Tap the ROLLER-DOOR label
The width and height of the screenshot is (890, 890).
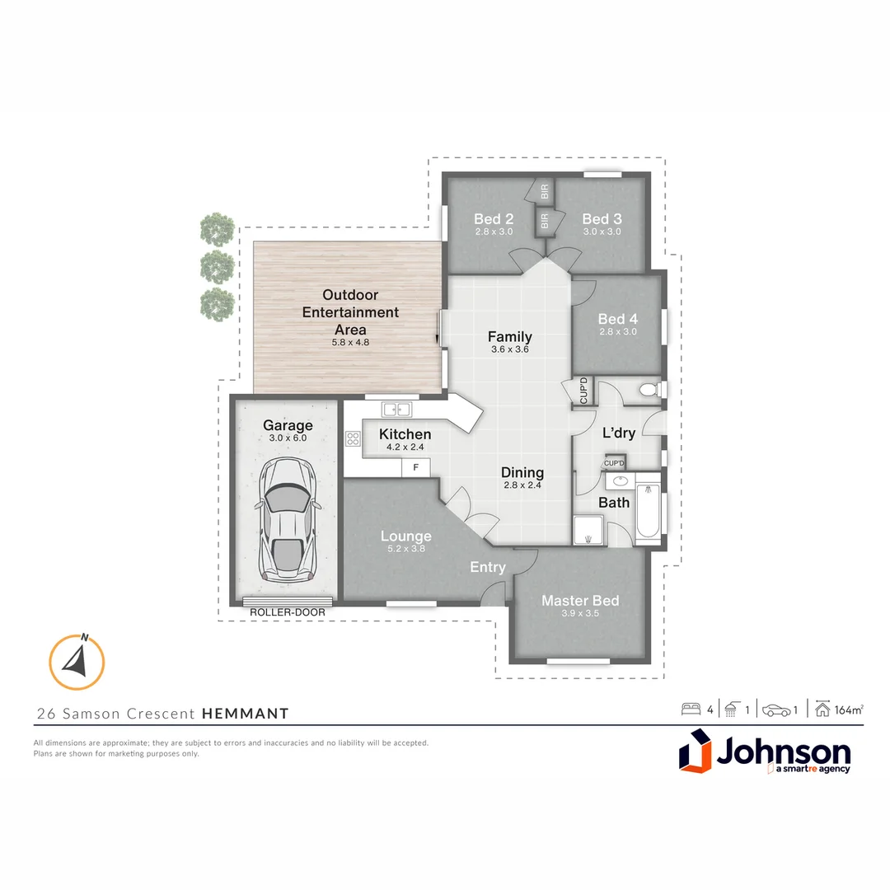point(288,613)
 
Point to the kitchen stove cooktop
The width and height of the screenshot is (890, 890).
point(354,438)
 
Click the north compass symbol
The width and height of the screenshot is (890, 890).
point(77,661)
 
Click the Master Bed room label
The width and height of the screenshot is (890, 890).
point(580,601)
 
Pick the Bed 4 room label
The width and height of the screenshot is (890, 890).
point(618,319)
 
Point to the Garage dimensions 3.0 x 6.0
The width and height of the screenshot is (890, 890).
point(288,438)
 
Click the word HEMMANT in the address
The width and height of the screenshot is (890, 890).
point(246,714)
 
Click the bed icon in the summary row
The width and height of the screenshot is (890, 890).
point(690,710)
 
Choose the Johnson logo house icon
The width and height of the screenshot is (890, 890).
point(695,754)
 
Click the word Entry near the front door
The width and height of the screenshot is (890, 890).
point(488,567)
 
